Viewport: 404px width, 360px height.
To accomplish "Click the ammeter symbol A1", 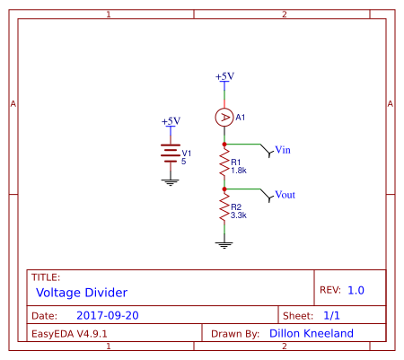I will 224,118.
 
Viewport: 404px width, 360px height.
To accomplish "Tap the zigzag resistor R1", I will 224,164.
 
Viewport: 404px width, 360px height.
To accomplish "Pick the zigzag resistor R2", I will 224,211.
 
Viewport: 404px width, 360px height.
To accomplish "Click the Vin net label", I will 283,149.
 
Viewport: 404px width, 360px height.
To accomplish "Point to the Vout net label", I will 285,195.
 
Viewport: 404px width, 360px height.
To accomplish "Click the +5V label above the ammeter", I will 224,76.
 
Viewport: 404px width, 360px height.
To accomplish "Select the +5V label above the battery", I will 171,121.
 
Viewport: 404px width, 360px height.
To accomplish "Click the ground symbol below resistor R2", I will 224,243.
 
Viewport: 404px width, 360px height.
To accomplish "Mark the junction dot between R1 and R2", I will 224,189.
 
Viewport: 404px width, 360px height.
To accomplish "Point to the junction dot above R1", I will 224,144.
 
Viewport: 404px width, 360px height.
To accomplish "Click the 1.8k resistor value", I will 239,170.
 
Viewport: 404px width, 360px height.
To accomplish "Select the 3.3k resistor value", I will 239,215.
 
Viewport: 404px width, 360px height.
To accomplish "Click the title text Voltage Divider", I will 82,293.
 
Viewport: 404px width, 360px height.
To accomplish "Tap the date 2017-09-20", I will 108,316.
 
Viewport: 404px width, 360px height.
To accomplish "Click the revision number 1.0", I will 356,290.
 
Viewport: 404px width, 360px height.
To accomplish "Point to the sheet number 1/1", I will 331,316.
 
